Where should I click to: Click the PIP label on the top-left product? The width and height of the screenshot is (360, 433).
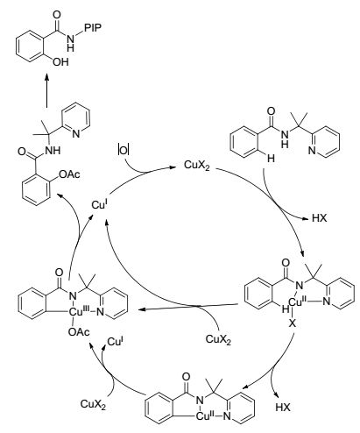coord(93,28)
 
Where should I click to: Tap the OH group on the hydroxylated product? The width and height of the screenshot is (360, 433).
coord(60,61)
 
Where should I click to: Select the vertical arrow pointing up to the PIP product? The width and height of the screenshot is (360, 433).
coord(46,90)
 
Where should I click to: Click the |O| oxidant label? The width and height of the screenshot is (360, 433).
coord(123,150)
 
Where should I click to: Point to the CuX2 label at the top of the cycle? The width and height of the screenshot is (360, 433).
coord(196,166)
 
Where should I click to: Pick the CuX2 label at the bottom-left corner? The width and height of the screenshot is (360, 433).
coord(93,404)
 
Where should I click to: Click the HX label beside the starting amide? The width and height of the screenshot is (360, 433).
coord(320,218)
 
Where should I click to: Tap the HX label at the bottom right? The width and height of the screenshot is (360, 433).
coord(283,408)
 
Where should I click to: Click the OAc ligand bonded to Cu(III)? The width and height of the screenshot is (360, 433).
coord(79,332)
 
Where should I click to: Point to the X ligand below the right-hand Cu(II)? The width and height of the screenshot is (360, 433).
coord(293,323)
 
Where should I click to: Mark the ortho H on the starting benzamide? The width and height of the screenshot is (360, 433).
coord(271,158)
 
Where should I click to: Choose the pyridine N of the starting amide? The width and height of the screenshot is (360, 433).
coord(312,151)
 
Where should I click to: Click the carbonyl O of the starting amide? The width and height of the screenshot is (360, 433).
coord(271,111)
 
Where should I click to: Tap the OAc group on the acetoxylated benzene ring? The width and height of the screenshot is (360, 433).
coord(69,174)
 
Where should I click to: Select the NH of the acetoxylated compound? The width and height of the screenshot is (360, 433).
coord(53,150)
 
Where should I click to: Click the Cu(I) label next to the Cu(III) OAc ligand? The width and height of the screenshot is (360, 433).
coord(115,342)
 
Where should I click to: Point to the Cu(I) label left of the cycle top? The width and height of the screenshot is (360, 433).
coord(100,204)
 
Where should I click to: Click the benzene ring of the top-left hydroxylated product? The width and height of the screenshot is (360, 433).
coord(30,47)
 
